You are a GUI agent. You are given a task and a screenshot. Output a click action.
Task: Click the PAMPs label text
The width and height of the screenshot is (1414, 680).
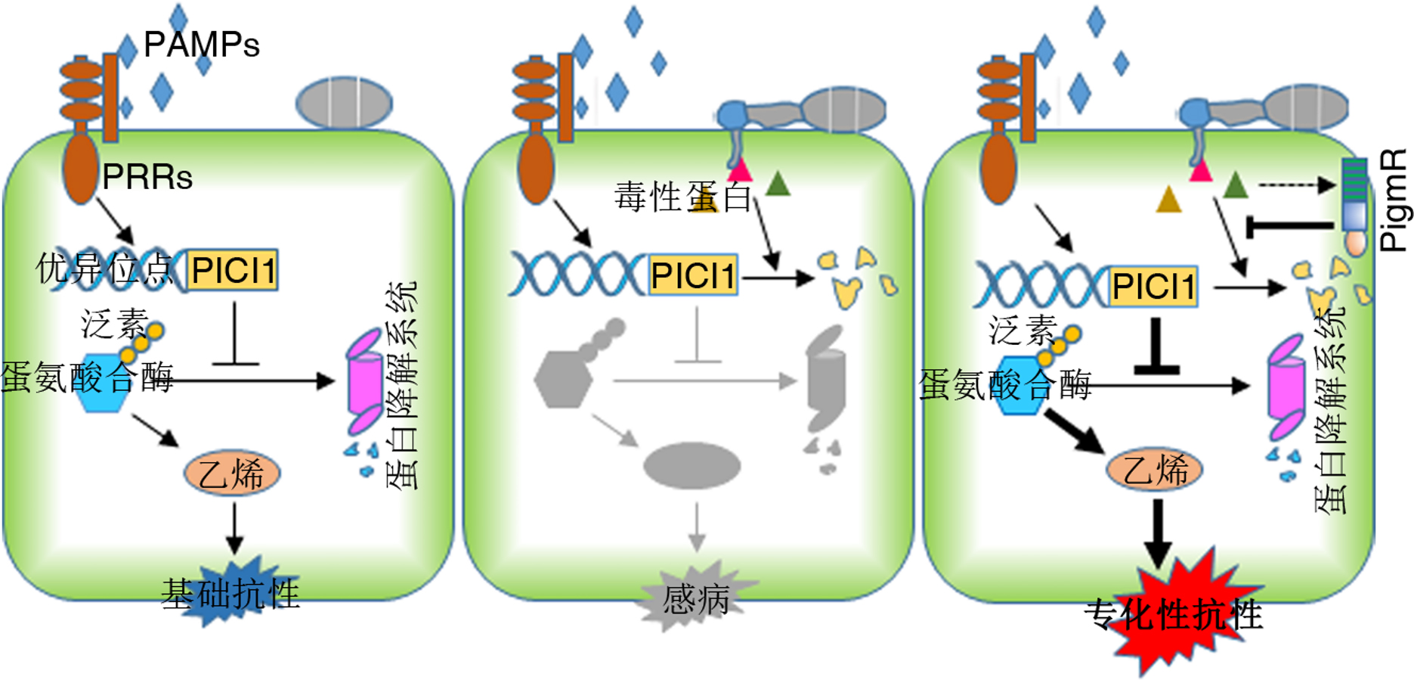pos(201,45)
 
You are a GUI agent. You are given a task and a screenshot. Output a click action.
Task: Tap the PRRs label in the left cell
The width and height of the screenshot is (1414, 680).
pos(147,177)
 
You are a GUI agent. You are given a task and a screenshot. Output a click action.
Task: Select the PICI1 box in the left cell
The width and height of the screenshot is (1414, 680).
pos(233,270)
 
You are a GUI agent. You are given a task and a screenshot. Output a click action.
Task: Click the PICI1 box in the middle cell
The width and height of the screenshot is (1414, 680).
pos(692,275)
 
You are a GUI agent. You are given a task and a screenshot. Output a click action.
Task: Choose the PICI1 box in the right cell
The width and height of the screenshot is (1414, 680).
pos(1153,287)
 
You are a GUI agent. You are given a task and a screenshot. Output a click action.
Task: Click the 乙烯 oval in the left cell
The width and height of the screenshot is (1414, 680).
pos(232,474)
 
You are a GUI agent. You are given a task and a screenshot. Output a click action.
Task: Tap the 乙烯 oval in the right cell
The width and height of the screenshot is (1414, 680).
pos(1154,470)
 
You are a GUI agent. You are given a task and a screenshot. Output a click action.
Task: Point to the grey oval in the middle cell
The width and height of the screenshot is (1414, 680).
pos(692,465)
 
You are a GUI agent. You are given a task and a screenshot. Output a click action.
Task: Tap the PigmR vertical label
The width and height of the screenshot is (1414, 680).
pos(1393,200)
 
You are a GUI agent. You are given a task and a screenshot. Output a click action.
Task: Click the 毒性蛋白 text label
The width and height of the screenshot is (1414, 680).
pos(682,197)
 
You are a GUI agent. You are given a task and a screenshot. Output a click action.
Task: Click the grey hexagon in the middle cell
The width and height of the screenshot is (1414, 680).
pos(563,379)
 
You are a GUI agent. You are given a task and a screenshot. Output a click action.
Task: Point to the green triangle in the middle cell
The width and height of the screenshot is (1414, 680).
pos(778,184)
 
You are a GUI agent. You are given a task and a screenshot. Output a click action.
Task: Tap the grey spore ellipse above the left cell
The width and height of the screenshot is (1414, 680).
pos(344,102)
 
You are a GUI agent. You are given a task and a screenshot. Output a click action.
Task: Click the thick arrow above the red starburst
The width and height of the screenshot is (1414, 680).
pos(1157,534)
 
